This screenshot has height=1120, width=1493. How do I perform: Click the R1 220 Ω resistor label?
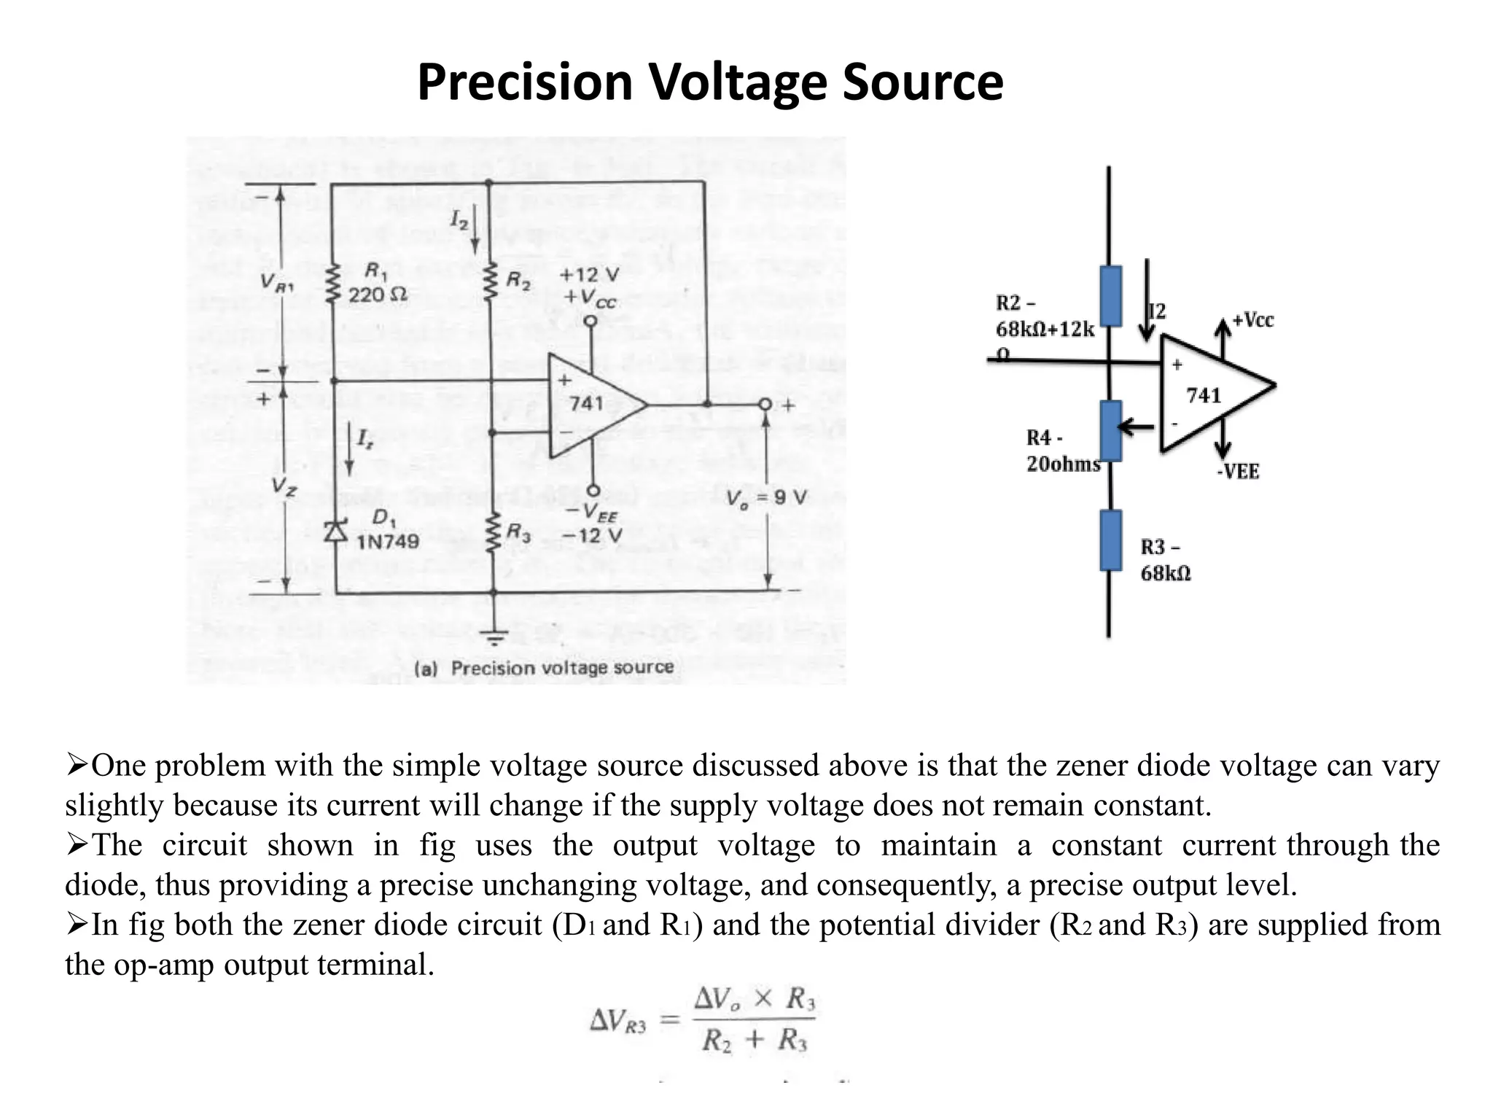point(377,284)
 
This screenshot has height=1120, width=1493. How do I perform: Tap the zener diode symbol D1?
point(335,531)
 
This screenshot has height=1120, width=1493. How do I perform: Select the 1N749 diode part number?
point(387,542)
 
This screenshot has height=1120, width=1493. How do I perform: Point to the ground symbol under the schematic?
point(495,637)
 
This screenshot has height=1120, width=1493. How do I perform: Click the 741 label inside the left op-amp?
point(586,403)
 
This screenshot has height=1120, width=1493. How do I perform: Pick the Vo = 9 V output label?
point(767,498)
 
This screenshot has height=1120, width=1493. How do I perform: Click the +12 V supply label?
point(589,276)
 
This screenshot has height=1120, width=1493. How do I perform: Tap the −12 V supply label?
point(592,536)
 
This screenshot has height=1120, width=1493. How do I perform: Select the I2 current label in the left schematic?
point(459,219)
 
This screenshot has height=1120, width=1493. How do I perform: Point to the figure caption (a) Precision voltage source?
point(544,668)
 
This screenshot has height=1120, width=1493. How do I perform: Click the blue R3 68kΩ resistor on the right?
point(1110,540)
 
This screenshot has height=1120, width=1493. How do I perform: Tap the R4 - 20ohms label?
point(1062,451)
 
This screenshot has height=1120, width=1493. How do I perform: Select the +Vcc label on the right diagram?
point(1252,320)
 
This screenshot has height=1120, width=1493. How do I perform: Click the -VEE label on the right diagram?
point(1238,472)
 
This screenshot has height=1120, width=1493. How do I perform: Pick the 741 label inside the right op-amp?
point(1204,395)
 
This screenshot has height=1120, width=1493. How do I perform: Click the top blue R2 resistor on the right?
point(1110,295)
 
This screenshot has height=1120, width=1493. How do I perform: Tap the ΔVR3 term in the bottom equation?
point(617,1021)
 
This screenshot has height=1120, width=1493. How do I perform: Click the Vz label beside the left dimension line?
point(284,486)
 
